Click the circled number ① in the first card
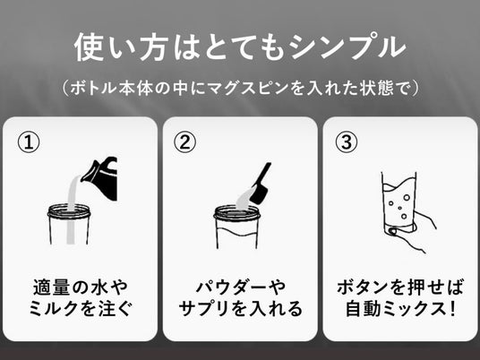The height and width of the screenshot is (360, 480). [29, 142]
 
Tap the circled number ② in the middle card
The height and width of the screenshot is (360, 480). [184, 142]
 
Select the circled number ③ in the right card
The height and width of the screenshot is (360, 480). [347, 142]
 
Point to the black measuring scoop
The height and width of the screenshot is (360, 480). [261, 184]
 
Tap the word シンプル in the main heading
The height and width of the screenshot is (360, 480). [347, 47]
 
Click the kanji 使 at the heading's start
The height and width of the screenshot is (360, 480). [88, 47]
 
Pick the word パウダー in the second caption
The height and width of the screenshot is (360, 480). [229, 287]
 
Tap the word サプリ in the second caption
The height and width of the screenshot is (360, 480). [203, 309]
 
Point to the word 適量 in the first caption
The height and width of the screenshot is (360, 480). [51, 287]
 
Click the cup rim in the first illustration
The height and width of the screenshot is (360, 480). [69, 211]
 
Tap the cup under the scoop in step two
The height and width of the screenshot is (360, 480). [236, 227]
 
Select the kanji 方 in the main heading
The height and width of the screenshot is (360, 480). [154, 47]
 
